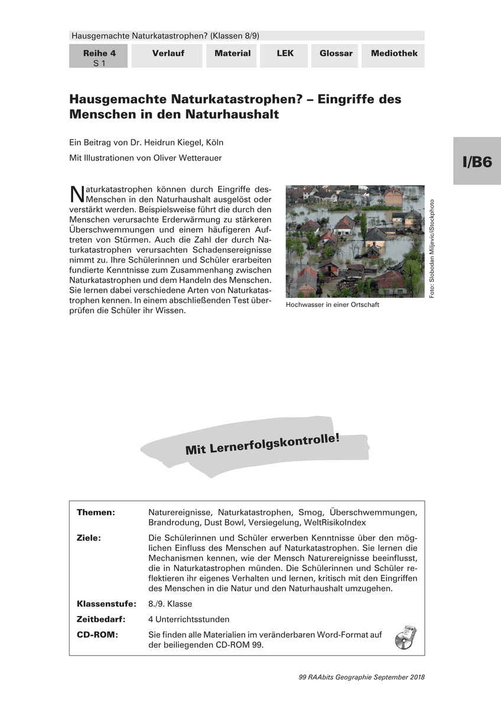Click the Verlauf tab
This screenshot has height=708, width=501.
168,54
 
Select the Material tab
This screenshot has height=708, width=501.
232,54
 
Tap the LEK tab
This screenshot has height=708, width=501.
285,54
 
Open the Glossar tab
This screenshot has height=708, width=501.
336,54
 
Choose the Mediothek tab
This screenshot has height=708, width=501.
393,54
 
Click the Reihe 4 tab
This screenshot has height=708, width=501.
99,57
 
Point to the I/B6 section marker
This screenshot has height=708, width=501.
477,162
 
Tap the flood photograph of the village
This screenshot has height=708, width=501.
354,241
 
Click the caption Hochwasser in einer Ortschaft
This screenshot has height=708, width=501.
332,305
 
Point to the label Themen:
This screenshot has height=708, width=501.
96,512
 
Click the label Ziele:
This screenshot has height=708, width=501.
89,538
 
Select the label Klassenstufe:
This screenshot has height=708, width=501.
106,604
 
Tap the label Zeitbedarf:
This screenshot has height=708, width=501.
103,619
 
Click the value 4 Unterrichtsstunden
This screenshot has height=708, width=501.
188,619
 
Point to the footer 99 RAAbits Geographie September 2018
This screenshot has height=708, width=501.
362,677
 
